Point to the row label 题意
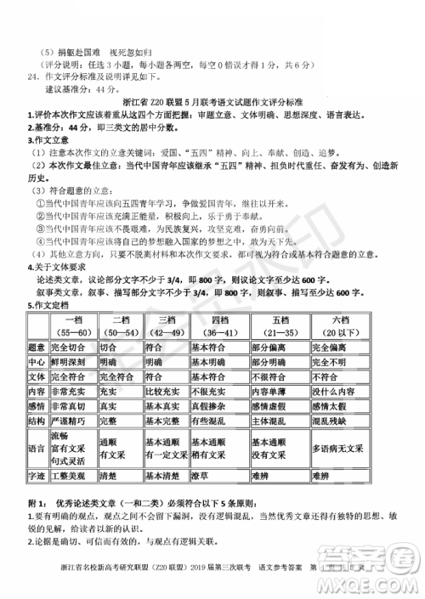(x=36, y=348)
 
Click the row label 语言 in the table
(x=36, y=449)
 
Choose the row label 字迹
(x=36, y=477)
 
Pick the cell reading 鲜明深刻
(x=69, y=362)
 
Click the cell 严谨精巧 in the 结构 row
(x=69, y=421)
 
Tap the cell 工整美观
(x=69, y=477)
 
